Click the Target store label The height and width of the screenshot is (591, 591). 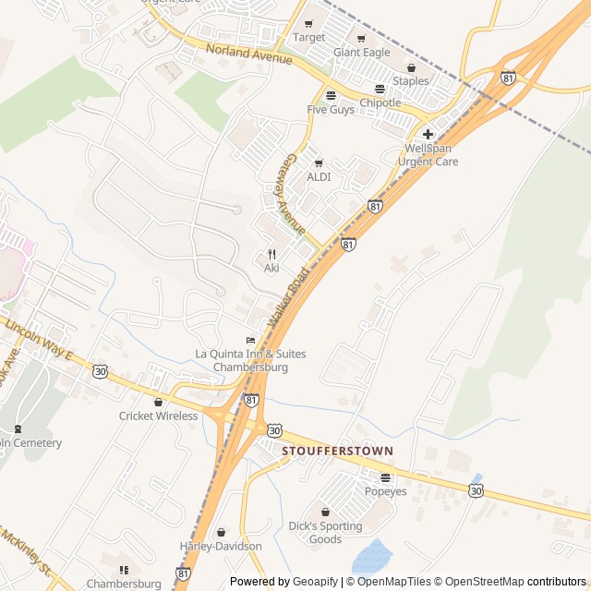coord(309,38)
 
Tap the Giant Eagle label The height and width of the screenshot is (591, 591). coord(362,53)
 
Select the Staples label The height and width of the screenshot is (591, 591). coord(411,81)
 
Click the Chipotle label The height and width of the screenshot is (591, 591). coord(380,103)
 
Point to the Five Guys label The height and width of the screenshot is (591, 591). coord(331,110)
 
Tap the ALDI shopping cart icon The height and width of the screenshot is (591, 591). coord(320,163)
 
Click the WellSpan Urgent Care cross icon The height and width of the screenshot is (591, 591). coord(428,134)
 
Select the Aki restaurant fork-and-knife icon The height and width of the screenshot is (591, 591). coord(271,254)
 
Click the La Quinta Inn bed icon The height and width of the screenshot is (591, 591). coord(250,340)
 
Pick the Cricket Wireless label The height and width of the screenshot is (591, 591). coord(158,416)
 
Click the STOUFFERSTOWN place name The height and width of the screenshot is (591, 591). coord(337,451)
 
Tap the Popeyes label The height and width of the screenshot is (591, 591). coord(385,491)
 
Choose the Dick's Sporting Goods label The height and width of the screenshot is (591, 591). coord(325,533)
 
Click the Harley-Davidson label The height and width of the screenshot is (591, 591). coord(220,547)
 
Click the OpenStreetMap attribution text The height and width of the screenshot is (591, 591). coord(479,582)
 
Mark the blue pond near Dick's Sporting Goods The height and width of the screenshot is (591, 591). coord(371,557)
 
